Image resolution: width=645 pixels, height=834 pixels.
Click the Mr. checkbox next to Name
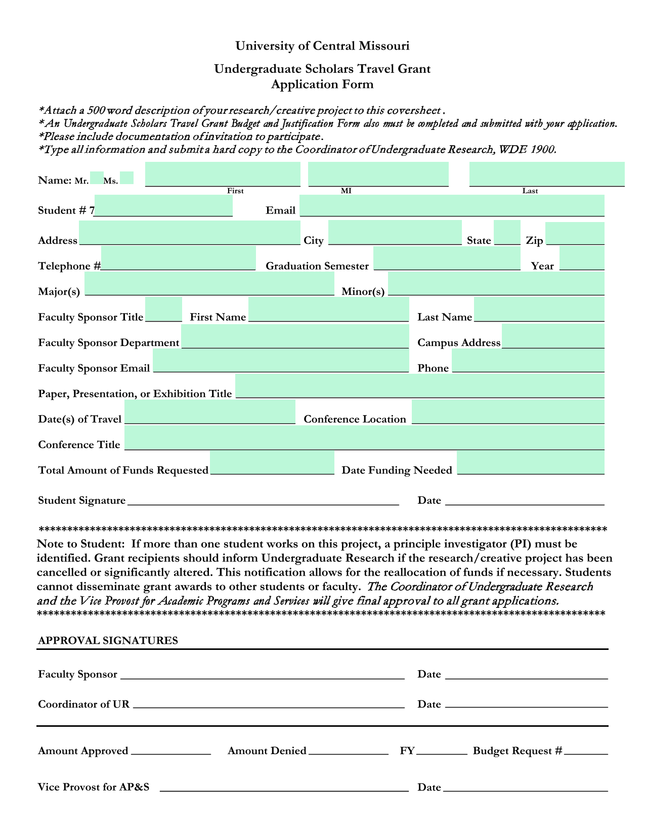click(x=97, y=178)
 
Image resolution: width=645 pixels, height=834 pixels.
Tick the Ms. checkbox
click(x=127, y=178)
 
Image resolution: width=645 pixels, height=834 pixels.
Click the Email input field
click(x=452, y=206)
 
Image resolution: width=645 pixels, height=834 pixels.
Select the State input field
click(x=506, y=233)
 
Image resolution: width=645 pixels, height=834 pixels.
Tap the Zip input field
click(x=575, y=234)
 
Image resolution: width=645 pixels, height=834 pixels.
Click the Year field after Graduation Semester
click(x=582, y=258)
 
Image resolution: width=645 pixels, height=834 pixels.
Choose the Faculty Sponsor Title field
click(x=163, y=310)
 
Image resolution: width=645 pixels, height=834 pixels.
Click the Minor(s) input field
click(x=496, y=284)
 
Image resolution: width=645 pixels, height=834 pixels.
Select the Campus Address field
click(x=553, y=336)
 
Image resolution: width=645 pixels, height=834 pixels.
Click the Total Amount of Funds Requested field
click(x=272, y=463)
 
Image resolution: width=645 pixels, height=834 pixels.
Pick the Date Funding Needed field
click(x=530, y=463)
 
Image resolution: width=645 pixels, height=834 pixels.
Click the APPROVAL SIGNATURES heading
click(x=108, y=641)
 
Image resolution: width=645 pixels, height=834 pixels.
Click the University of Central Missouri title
click(x=322, y=46)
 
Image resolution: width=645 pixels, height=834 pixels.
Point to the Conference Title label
click(x=79, y=445)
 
